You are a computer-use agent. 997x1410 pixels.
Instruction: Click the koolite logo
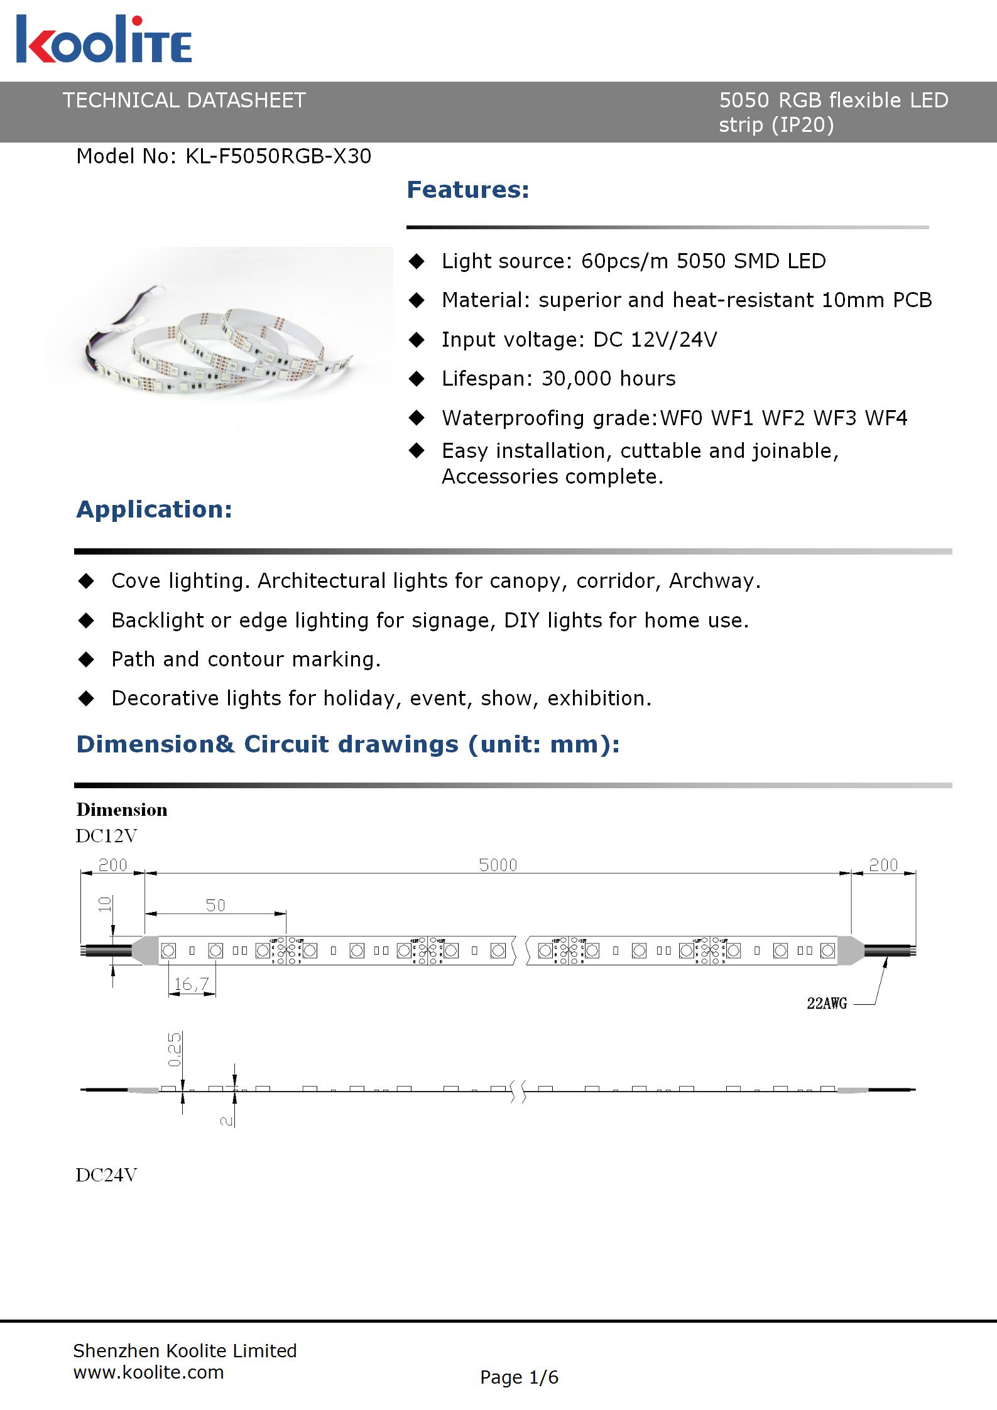tap(104, 40)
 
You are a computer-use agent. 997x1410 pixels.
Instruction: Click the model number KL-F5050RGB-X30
tap(278, 156)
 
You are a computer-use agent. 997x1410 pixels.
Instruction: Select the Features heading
tap(468, 190)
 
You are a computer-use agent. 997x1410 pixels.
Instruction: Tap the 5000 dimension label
tap(498, 865)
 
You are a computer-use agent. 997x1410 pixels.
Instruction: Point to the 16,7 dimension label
tap(191, 984)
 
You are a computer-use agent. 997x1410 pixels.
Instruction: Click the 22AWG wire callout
tap(827, 1004)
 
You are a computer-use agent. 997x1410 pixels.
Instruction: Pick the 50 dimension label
tap(215, 905)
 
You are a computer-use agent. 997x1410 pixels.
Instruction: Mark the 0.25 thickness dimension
tap(175, 1049)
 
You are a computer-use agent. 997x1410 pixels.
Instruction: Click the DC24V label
tap(106, 1175)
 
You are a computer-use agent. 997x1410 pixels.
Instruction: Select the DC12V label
tap(106, 836)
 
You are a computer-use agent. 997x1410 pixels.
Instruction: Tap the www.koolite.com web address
tap(148, 1372)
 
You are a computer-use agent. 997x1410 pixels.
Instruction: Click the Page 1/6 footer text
tap(519, 1377)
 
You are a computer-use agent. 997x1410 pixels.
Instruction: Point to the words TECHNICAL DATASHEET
tap(184, 100)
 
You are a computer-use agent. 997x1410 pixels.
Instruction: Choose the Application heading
tap(154, 509)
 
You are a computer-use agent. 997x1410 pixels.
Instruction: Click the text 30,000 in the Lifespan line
tap(576, 379)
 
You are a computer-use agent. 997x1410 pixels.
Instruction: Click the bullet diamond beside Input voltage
tap(417, 340)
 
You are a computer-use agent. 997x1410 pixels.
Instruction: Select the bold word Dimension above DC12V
tap(122, 810)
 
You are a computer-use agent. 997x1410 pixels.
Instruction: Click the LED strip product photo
tap(220, 339)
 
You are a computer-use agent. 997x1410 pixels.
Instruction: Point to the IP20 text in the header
tap(803, 125)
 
